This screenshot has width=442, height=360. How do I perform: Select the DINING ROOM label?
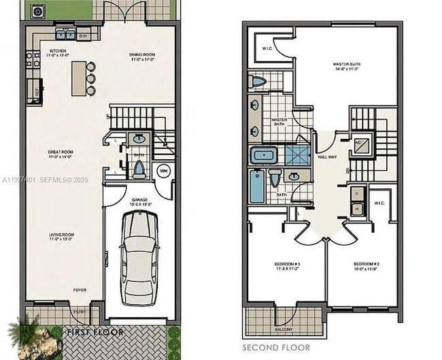tap(143, 56)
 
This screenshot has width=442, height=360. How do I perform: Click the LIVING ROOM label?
tap(61, 237)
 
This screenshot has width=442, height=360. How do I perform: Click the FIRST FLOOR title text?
tap(95, 332)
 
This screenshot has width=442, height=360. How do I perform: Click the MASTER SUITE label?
tap(347, 67)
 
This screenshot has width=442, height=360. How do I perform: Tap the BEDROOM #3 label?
tap(288, 265)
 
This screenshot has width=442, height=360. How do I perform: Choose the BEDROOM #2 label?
tap(366, 265)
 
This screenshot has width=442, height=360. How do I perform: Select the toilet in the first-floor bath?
tap(139, 168)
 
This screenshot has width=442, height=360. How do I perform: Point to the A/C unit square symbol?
tap(361, 144)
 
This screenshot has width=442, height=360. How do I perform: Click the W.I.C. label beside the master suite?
tap(267, 49)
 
